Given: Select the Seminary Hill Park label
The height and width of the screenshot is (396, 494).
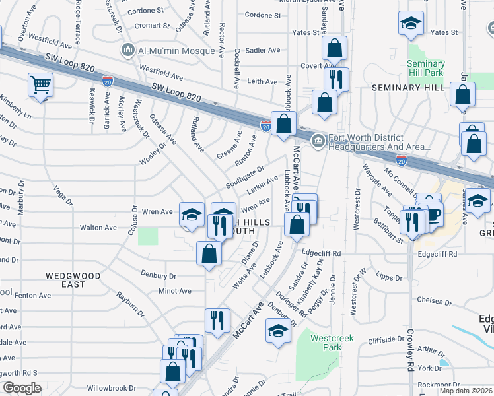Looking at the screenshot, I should click(x=426, y=68).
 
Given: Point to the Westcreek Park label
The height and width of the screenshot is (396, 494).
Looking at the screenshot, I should click(x=332, y=343).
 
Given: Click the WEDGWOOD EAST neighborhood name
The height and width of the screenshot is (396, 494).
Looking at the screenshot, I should click(x=74, y=280).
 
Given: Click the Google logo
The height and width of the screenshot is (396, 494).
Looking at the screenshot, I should click(x=21, y=388).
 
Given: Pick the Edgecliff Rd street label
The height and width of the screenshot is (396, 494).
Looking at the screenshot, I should click(x=321, y=253).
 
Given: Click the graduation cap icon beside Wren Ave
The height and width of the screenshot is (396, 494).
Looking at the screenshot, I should click(x=192, y=214).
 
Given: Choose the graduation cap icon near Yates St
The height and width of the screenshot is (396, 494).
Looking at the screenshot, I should click(x=411, y=24).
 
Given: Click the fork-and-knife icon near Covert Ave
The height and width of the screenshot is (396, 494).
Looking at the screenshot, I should click(x=336, y=79).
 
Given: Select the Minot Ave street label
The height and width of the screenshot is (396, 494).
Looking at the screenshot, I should click(x=175, y=291).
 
